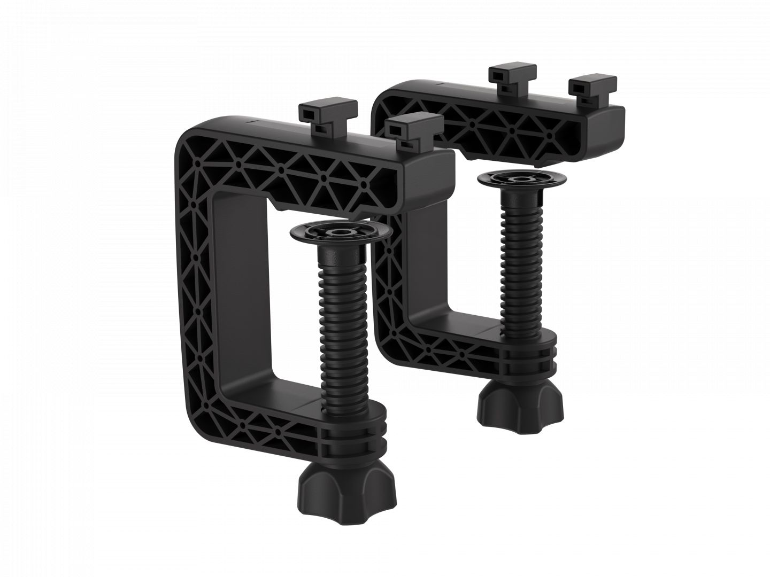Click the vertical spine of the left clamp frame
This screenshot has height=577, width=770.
tap(195, 288)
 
